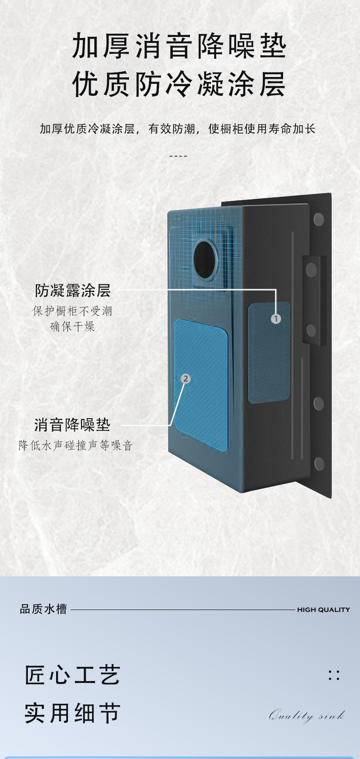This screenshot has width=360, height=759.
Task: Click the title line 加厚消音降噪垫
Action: click(179, 47)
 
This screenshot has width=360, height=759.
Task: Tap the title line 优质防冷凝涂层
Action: click(179, 85)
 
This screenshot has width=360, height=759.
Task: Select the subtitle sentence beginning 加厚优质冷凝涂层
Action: click(178, 129)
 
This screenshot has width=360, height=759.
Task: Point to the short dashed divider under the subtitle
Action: click(178, 155)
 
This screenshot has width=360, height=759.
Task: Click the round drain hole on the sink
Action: click(206, 259)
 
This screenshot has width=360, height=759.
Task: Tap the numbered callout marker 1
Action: click(275, 318)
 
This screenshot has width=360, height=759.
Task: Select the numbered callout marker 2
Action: click(186, 378)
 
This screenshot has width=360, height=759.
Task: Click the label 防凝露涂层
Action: click(73, 291)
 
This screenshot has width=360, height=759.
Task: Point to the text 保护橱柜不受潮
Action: click(72, 311)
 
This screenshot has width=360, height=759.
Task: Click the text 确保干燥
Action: click(72, 327)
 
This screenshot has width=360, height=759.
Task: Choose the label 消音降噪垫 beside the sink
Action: click(72, 424)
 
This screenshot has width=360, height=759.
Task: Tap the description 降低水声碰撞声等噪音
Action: click(76, 446)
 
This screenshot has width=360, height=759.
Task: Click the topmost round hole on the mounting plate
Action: click(318, 219)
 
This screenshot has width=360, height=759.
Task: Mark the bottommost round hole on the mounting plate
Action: click(319, 463)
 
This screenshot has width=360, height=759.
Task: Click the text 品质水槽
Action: click(44, 609)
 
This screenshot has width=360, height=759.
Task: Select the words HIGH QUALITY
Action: click(323, 610)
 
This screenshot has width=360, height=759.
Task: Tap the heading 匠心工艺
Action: click(73, 675)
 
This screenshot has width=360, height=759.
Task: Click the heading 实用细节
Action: click(73, 713)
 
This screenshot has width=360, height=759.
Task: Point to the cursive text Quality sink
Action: click(307, 716)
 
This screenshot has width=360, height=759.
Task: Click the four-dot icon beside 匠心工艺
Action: click(334, 675)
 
